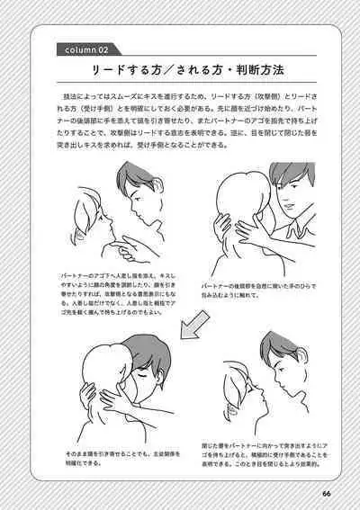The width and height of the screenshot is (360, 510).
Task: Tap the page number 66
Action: [x=326, y=491]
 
